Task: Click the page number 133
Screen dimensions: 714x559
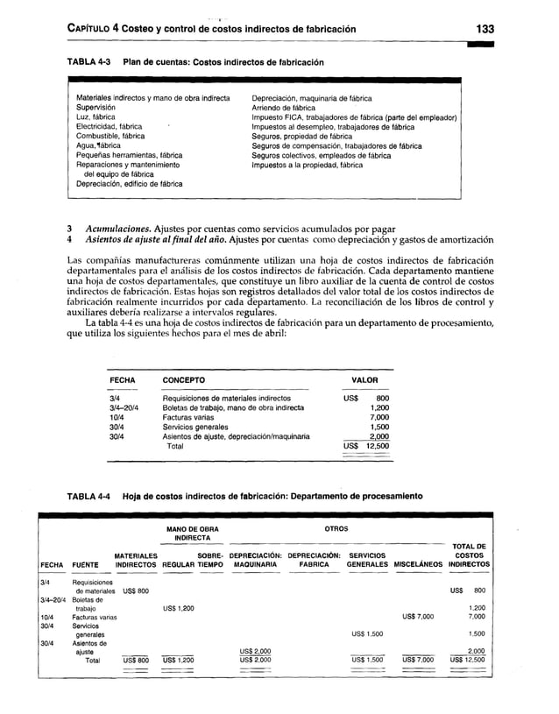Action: point(486,29)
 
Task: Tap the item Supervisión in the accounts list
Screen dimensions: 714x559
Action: point(100,108)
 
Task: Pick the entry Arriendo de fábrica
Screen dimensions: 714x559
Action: point(288,108)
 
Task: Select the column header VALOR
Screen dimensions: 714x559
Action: point(364,381)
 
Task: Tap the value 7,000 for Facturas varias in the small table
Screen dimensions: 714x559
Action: point(379,417)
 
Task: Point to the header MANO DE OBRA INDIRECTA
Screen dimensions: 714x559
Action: point(192,534)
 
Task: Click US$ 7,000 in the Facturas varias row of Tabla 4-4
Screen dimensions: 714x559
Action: point(418,616)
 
